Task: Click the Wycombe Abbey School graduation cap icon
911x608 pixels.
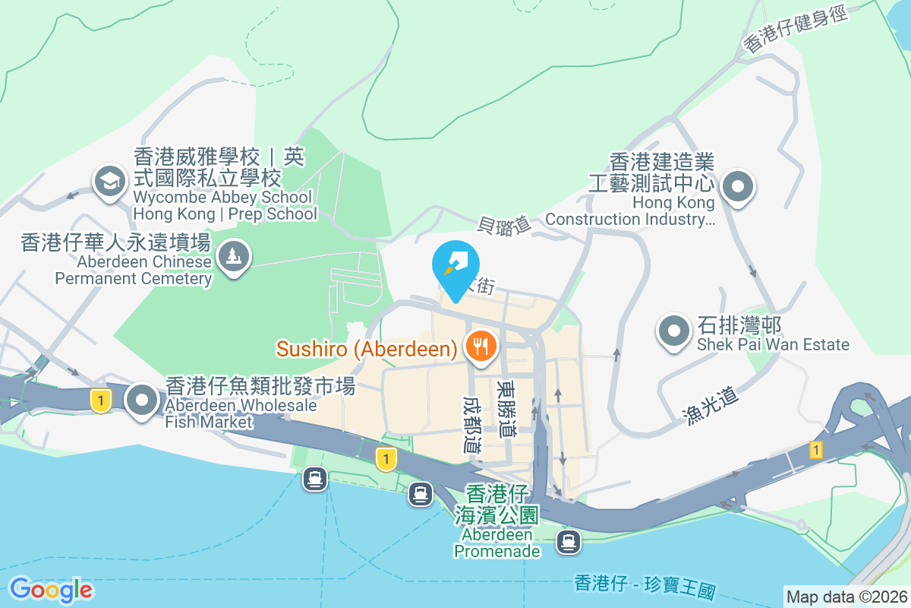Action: (111, 181)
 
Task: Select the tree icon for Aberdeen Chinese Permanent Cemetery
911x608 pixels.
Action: (233, 255)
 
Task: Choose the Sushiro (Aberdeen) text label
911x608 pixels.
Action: (367, 349)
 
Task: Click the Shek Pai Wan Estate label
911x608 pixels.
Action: (773, 335)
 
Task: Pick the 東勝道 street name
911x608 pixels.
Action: (506, 408)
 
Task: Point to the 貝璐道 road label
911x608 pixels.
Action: (503, 224)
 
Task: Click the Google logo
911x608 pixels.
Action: (51, 590)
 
